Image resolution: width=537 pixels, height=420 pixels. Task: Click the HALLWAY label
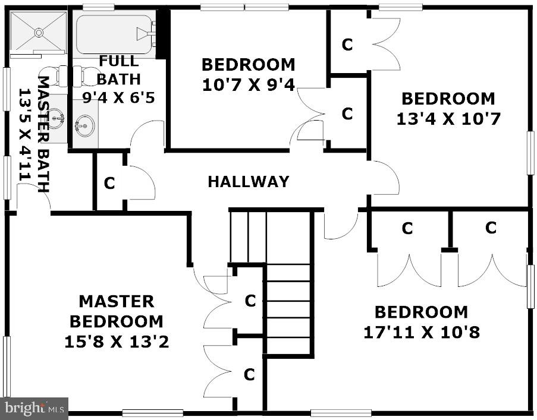click(x=249, y=182)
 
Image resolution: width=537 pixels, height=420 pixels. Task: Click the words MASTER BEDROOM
click(x=117, y=311)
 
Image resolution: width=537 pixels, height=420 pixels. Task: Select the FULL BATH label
click(x=119, y=70)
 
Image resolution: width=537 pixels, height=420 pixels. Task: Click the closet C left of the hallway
click(x=109, y=184)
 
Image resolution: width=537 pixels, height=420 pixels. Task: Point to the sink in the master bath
click(x=56, y=118)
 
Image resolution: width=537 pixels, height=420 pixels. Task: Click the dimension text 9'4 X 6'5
click(x=119, y=97)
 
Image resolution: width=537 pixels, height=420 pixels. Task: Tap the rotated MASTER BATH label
click(x=43, y=134)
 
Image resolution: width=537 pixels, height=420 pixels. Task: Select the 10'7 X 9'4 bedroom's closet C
click(x=347, y=113)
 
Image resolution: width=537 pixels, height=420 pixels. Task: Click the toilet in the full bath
click(x=90, y=75)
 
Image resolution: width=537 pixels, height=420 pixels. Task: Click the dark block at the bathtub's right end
click(x=163, y=34)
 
